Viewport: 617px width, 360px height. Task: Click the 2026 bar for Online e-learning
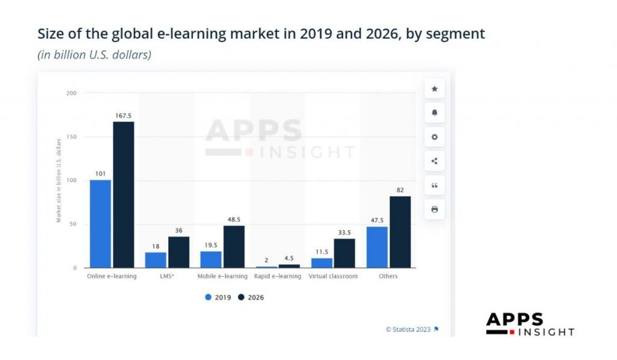[x=124, y=194]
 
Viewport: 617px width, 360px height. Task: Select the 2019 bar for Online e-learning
[x=101, y=224]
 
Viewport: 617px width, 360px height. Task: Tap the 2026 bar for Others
[x=400, y=232]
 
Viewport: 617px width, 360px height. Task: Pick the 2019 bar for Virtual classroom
[x=322, y=263]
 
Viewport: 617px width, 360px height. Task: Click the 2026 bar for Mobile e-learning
[x=234, y=247]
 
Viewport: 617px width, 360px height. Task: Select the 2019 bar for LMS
[x=155, y=260]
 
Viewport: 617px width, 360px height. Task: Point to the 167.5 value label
[x=124, y=116]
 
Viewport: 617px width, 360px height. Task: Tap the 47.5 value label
[x=377, y=221]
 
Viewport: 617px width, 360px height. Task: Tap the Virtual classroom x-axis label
[x=333, y=276]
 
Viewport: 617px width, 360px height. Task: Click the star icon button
[x=434, y=89]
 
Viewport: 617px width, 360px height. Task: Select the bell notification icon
[x=434, y=113]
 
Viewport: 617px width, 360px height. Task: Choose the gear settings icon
[x=434, y=137]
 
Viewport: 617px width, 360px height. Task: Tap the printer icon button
[x=434, y=209]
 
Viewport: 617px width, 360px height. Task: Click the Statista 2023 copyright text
[x=409, y=329]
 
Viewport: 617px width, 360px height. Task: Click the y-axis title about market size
[x=59, y=180]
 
